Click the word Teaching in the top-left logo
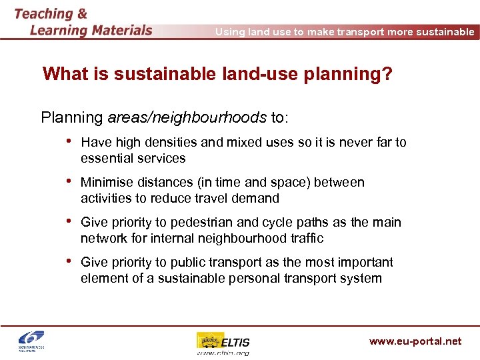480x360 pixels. click(44, 13)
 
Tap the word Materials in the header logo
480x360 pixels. click(113, 30)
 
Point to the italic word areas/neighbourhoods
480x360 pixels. click(187, 118)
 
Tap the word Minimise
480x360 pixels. click(107, 182)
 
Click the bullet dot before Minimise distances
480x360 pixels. click(69, 182)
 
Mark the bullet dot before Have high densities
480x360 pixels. click(69, 142)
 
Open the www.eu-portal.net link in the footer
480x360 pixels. click(415, 341)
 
